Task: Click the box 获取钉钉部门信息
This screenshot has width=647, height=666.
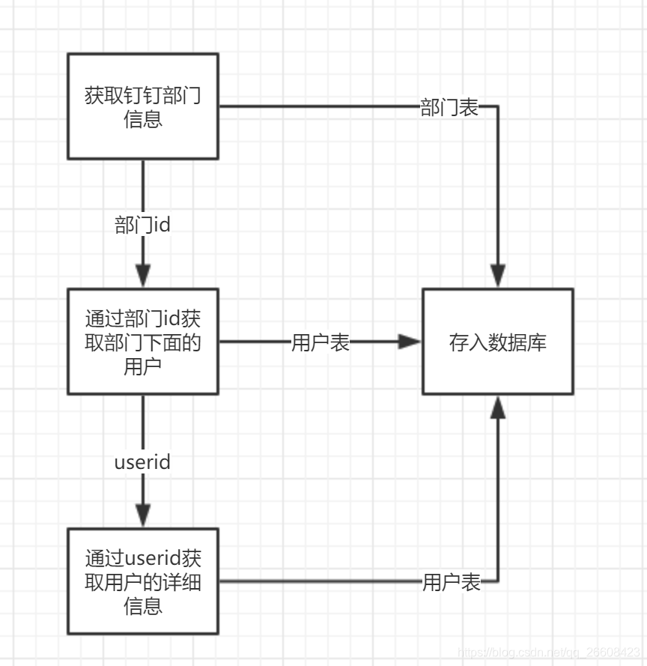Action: click(x=143, y=106)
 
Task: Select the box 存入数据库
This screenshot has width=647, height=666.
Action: click(x=498, y=342)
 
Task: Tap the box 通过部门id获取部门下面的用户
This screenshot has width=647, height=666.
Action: click(x=143, y=342)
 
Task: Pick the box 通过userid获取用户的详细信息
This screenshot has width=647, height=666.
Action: click(x=143, y=581)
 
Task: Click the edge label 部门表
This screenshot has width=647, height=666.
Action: click(x=449, y=107)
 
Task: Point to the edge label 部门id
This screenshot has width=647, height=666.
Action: click(x=143, y=225)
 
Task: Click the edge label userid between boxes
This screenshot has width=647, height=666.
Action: click(x=143, y=461)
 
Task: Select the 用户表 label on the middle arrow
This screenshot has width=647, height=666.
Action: click(x=321, y=342)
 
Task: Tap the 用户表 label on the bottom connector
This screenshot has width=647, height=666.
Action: click(x=452, y=582)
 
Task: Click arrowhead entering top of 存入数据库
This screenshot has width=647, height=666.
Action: click(x=498, y=276)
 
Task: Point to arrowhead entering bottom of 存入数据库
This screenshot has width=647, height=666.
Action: click(x=498, y=408)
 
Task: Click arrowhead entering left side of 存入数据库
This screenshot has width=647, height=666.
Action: click(x=410, y=342)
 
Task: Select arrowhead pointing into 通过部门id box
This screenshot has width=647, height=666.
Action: click(x=143, y=276)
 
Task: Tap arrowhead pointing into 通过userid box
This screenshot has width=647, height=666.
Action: click(x=143, y=515)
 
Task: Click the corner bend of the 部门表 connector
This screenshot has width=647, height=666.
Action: click(x=498, y=106)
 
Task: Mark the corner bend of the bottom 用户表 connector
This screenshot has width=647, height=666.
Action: click(x=498, y=581)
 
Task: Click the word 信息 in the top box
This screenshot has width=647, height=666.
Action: click(x=143, y=118)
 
